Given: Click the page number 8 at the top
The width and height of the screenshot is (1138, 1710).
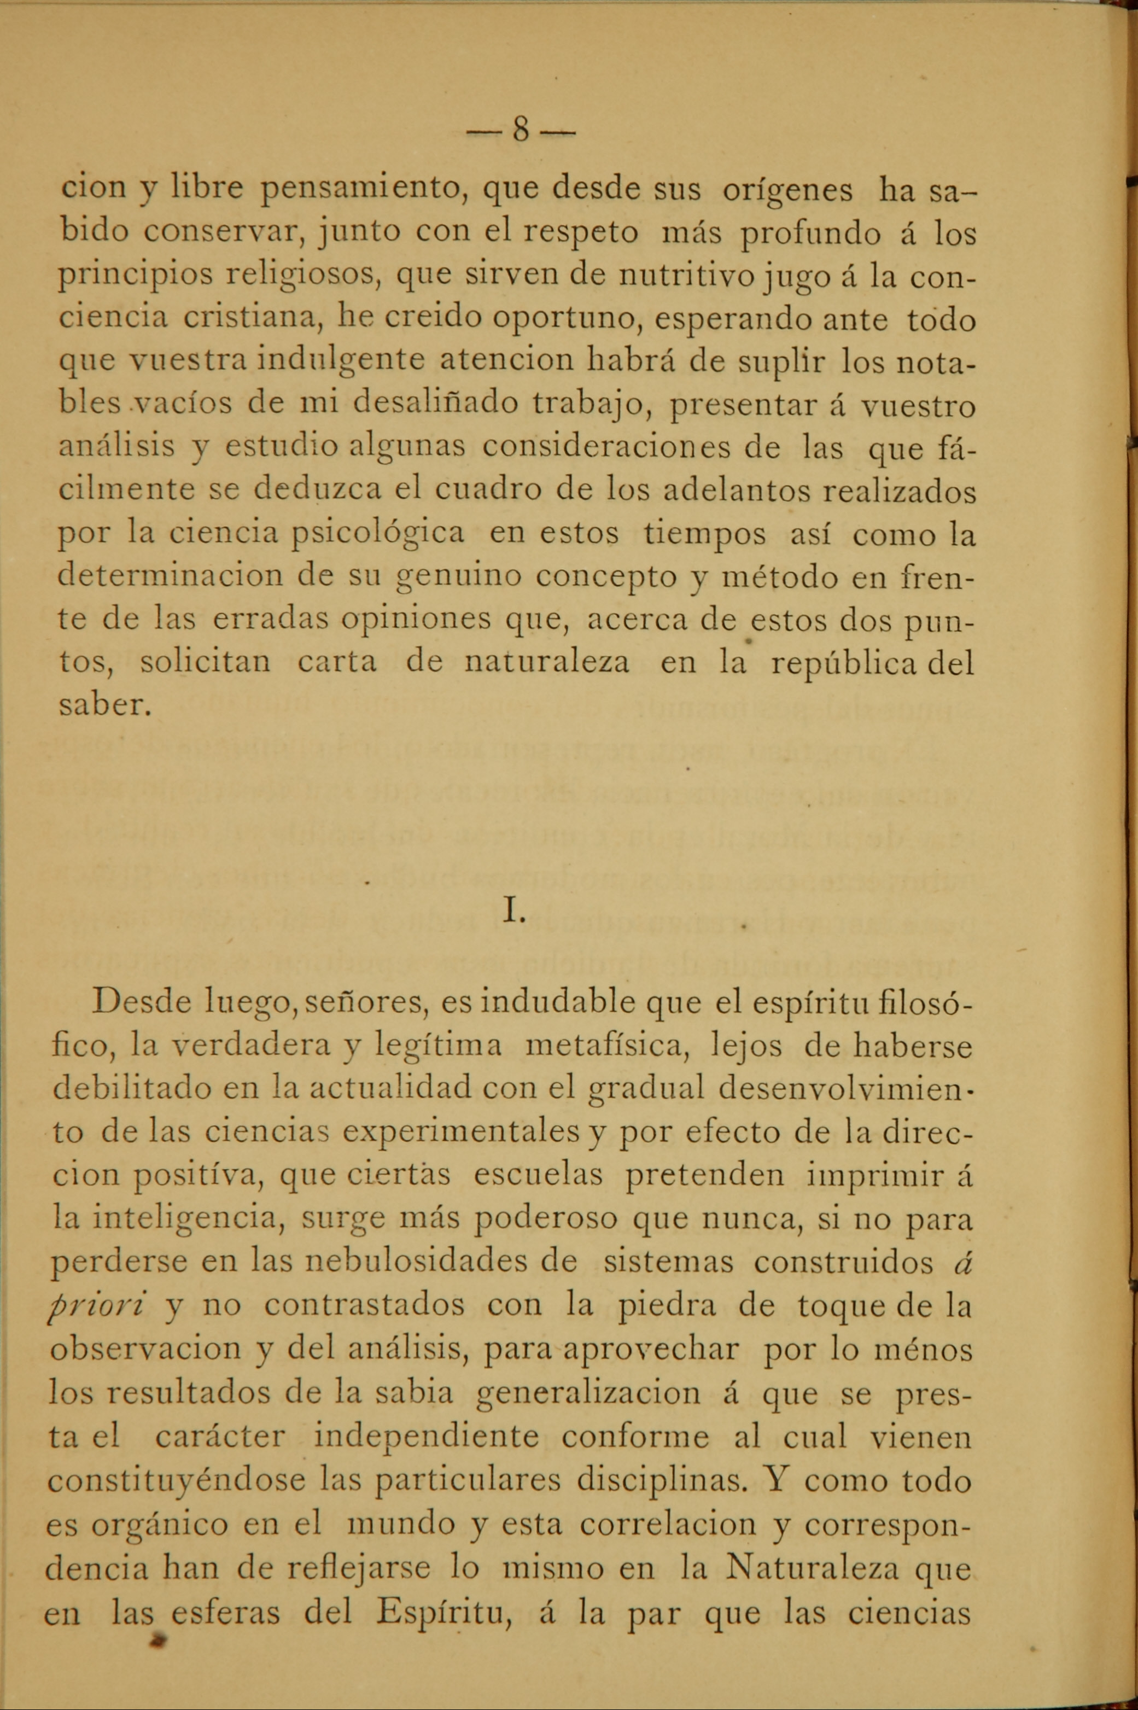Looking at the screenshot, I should coord(520,131).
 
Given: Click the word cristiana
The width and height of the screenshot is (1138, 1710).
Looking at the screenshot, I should coord(250,319).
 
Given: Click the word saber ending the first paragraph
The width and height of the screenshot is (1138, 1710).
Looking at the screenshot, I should coord(103,705).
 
